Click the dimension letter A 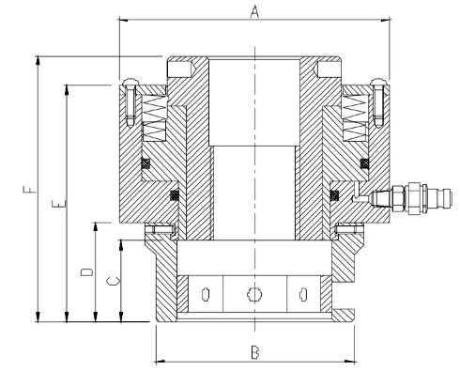point(255,12)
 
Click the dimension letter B point(255,352)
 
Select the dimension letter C point(113,281)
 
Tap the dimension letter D point(87,272)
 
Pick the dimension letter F point(30,190)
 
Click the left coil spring point(154,117)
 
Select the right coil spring point(355,117)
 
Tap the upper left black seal point(146,162)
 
